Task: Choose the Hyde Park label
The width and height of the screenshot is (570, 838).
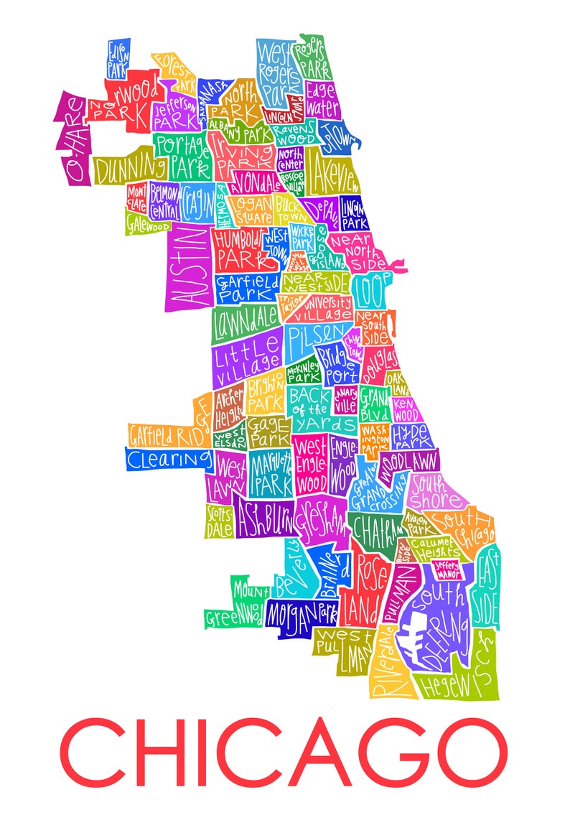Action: click(x=411, y=435)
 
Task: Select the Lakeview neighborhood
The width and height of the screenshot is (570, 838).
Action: click(x=334, y=172)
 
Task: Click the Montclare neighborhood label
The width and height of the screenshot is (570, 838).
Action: click(x=136, y=199)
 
